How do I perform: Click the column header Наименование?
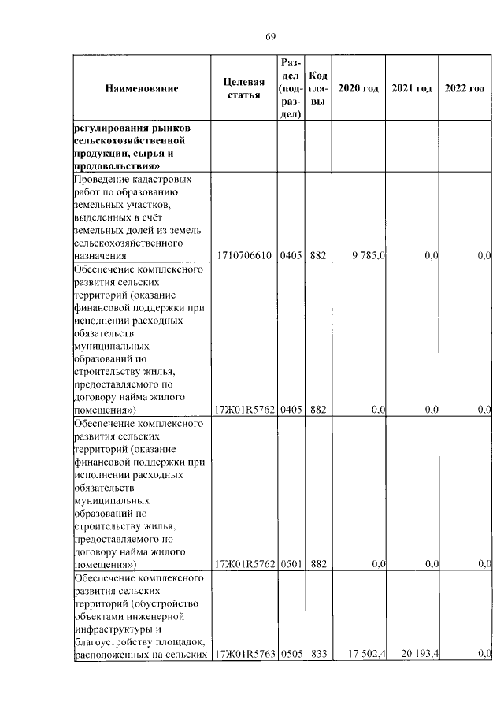[x=142, y=88]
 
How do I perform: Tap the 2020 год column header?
[x=358, y=88]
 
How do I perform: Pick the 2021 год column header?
[x=412, y=88]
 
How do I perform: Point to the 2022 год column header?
[x=465, y=88]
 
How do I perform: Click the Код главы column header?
[x=318, y=88]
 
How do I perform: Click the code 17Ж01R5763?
[x=244, y=653]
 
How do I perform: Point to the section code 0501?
[x=290, y=564]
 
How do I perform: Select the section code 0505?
[x=290, y=653]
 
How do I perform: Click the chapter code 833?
[x=318, y=653]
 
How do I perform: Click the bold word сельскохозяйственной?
[x=129, y=141]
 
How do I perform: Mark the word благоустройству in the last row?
[x=111, y=641]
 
